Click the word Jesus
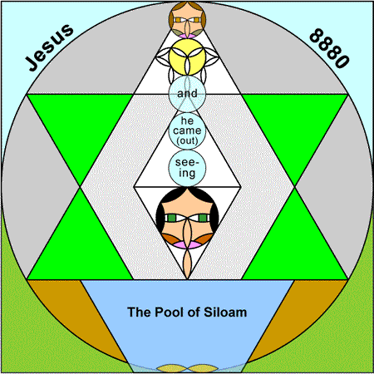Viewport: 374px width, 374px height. pyautogui.click(x=49, y=47)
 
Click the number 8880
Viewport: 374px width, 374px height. pyautogui.click(x=329, y=48)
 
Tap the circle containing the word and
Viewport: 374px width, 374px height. pyautogui.click(x=187, y=94)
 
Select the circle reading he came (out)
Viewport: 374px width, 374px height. pyautogui.click(x=187, y=130)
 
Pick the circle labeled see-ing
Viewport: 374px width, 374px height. pyautogui.click(x=187, y=168)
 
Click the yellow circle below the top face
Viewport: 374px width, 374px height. pyautogui.click(x=187, y=57)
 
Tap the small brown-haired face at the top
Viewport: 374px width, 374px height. pyautogui.click(x=187, y=20)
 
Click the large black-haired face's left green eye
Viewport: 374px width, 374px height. pyautogui.click(x=171, y=218)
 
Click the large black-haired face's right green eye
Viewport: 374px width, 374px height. pyautogui.click(x=203, y=218)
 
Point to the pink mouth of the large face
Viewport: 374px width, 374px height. pyautogui.click(x=187, y=245)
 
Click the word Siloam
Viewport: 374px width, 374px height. pyautogui.click(x=225, y=312)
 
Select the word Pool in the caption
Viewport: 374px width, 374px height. pyautogui.click(x=168, y=312)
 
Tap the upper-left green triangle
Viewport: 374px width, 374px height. pyautogui.click(x=81, y=125)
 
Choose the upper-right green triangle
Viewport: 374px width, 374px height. pyautogui.click(x=295, y=125)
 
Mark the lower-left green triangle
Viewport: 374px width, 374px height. pyautogui.click(x=81, y=249)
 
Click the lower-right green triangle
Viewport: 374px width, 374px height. pyautogui.click(x=295, y=249)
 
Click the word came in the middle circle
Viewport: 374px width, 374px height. pyautogui.click(x=187, y=130)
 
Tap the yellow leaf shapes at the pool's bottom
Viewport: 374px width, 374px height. pyautogui.click(x=187, y=368)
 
